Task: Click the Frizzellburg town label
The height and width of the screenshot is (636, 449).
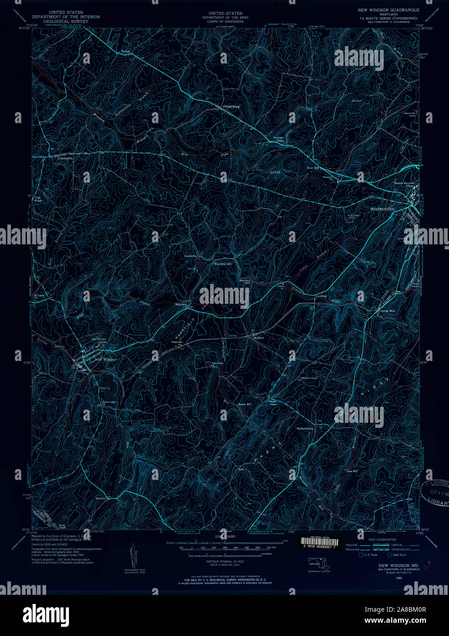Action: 231,107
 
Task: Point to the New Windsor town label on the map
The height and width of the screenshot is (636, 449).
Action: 106,360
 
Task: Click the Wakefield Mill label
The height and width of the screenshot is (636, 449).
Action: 223,264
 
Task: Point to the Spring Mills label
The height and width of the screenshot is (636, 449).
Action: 388,311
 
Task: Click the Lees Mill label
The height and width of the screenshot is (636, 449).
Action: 352,471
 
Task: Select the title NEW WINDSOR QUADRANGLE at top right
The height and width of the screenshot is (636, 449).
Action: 388,10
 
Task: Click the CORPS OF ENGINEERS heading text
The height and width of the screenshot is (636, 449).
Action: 225,21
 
